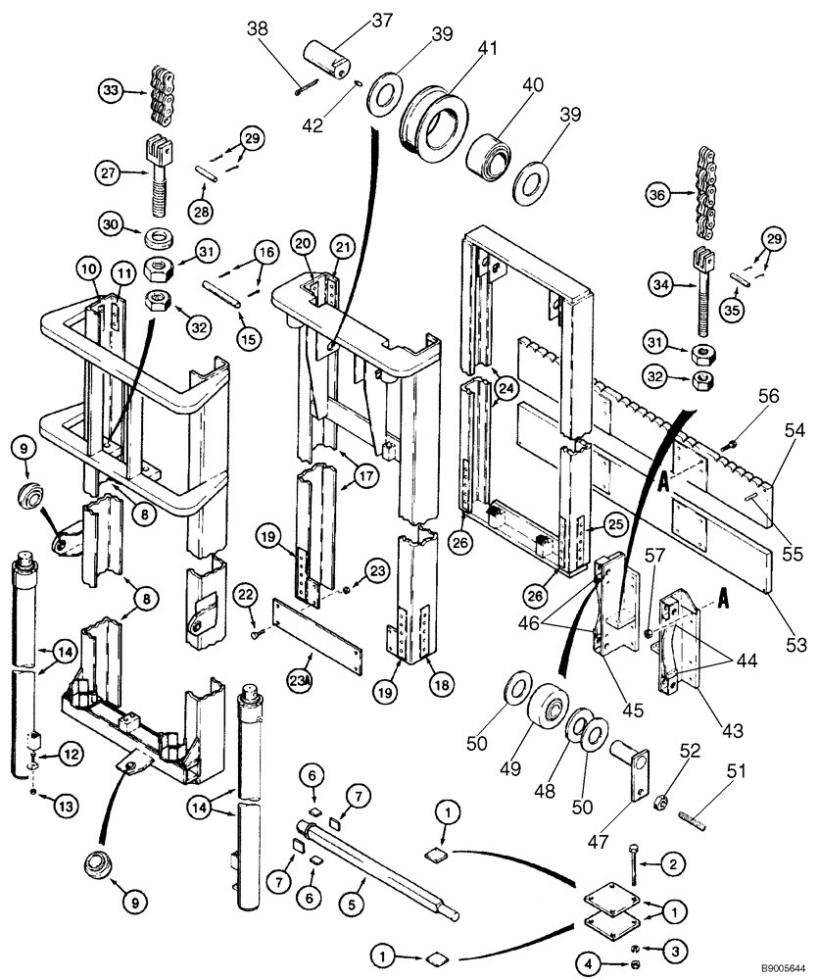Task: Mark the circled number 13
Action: tap(36, 806)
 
